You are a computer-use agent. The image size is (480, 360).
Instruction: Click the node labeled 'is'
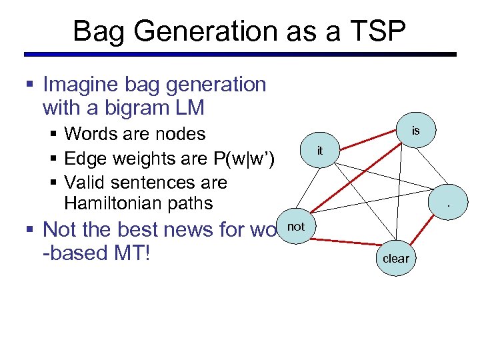415,131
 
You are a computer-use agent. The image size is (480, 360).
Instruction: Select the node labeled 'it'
320,151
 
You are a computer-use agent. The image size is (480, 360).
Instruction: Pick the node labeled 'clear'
396,257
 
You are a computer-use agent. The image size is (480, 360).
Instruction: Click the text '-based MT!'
96,254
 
